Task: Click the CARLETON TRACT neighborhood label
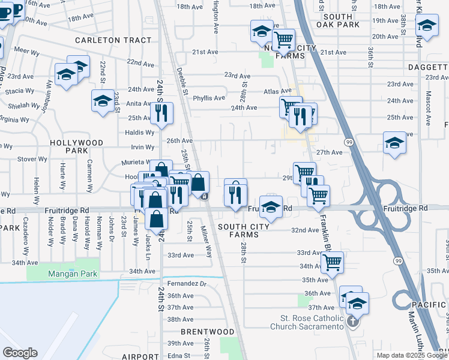[x=113, y=40]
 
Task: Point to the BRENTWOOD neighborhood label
[x=208, y=332]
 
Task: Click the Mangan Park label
[x=73, y=274]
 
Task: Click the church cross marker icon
[x=352, y=320]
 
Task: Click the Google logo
[x=20, y=353]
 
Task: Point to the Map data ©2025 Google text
[x=411, y=355]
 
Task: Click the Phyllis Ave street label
[x=209, y=98]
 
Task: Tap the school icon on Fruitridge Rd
[x=271, y=207]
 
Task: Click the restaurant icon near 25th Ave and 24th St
[x=161, y=112]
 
